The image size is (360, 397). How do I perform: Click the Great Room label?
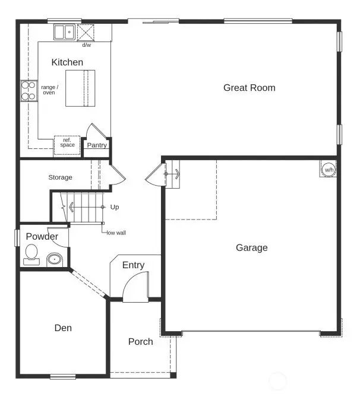(x=249, y=88)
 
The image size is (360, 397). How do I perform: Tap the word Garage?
(x=251, y=247)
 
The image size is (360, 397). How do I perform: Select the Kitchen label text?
(x=67, y=62)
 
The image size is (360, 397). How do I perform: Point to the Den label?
(x=63, y=328)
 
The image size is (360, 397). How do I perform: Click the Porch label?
(x=140, y=342)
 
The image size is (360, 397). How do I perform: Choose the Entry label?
(x=133, y=265)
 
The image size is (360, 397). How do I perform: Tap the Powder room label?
(x=42, y=237)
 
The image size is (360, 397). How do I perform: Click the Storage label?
(x=60, y=177)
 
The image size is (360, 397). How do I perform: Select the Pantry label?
(x=97, y=145)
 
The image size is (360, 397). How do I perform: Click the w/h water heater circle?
(x=328, y=170)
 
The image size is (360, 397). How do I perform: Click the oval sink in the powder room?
(x=55, y=259)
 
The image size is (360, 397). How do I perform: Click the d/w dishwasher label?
(x=87, y=45)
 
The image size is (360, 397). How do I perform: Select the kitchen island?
(x=80, y=88)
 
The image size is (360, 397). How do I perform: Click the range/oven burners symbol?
(x=29, y=90)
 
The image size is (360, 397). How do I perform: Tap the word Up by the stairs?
(x=115, y=207)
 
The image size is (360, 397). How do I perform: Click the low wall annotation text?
(x=116, y=233)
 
